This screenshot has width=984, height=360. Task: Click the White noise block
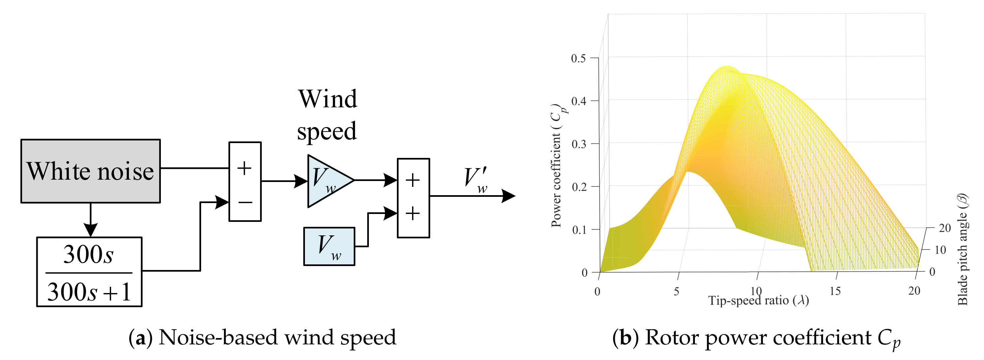click(x=91, y=171)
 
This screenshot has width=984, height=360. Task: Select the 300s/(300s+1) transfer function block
click(x=89, y=272)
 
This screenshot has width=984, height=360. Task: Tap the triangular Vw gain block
click(x=327, y=180)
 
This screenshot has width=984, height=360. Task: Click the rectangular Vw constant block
click(x=329, y=246)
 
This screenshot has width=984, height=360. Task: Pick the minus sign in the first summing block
click(x=245, y=202)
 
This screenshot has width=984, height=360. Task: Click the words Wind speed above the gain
click(x=327, y=115)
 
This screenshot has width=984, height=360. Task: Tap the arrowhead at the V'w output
click(x=509, y=196)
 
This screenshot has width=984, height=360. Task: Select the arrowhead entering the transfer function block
click(x=91, y=230)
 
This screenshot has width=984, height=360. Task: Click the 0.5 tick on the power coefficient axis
click(x=578, y=58)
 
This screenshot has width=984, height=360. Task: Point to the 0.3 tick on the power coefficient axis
click(x=578, y=144)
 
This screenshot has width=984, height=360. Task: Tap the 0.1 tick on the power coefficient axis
click(x=578, y=230)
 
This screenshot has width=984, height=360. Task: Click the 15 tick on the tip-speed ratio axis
click(x=835, y=291)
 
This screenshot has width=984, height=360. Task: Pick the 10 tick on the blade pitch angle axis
click(x=940, y=250)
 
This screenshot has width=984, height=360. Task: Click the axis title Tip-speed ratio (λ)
click(x=759, y=301)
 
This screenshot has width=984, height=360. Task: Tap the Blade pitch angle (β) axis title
click(x=963, y=249)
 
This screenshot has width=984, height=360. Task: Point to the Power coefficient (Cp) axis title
click(x=557, y=165)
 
